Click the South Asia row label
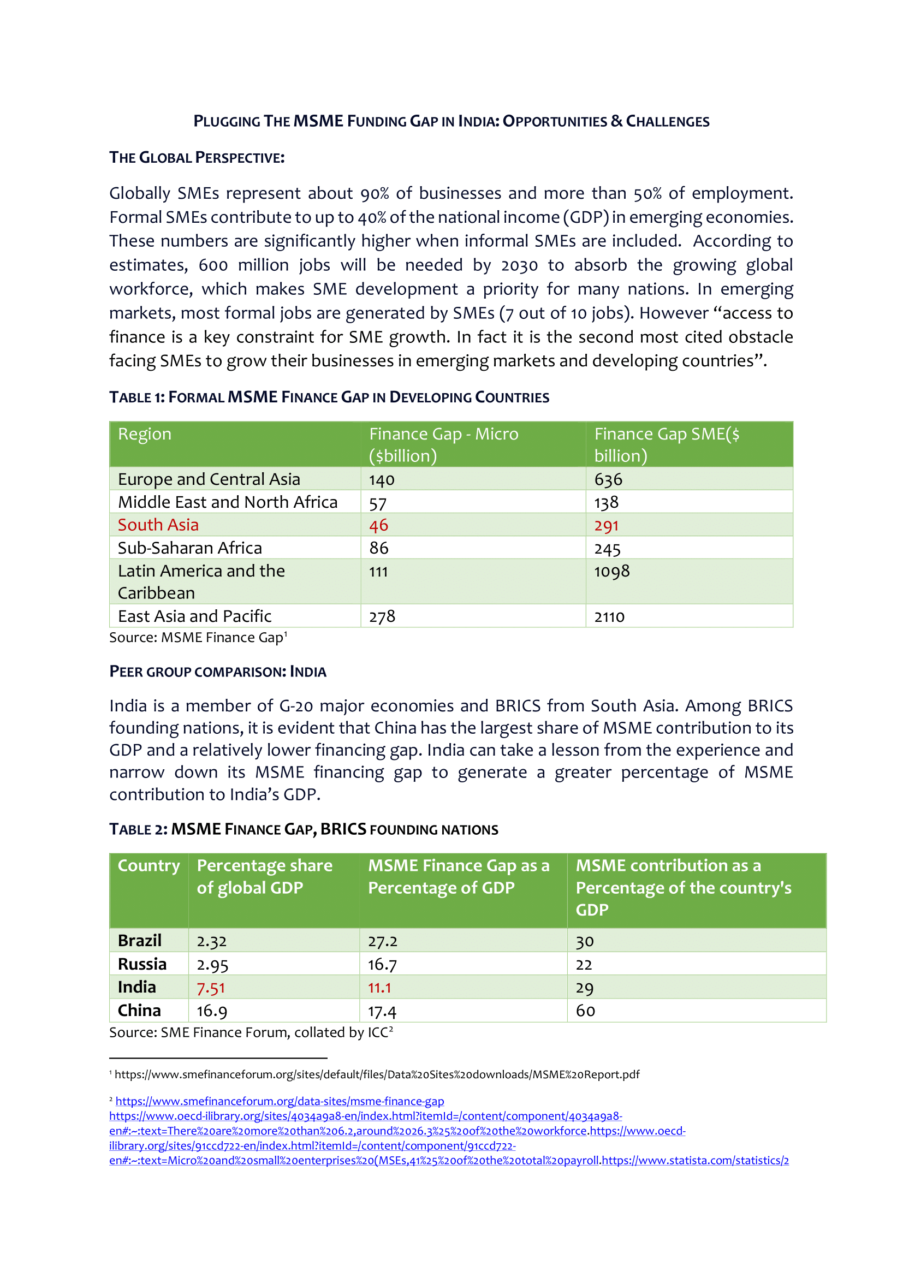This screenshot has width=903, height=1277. tap(158, 525)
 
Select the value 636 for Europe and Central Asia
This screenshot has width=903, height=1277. tap(608, 479)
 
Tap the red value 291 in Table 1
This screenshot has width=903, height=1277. tap(606, 525)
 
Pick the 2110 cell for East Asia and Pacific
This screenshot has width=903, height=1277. tap(609, 616)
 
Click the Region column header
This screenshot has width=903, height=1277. tap(145, 434)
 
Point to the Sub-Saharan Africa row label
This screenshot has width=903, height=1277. tap(189, 548)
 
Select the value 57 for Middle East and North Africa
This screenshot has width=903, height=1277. tap(378, 503)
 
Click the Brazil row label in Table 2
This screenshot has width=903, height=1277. tap(140, 941)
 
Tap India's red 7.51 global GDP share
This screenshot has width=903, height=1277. tap(211, 988)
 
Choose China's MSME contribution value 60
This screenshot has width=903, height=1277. tap(585, 1011)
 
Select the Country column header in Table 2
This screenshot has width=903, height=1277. tap(148, 865)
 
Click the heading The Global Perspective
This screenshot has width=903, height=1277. tap(197, 157)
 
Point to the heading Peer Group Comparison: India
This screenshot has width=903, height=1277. tap(217, 672)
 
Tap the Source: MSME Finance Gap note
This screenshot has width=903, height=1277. tap(198, 637)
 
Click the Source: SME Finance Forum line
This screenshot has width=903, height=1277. tap(250, 1032)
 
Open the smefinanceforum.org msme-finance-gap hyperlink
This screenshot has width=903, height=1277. tap(280, 1101)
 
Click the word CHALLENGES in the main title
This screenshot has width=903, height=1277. tap(667, 121)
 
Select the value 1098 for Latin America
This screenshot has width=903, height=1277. tap(611, 571)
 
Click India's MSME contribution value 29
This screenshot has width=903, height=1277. tap(584, 988)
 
